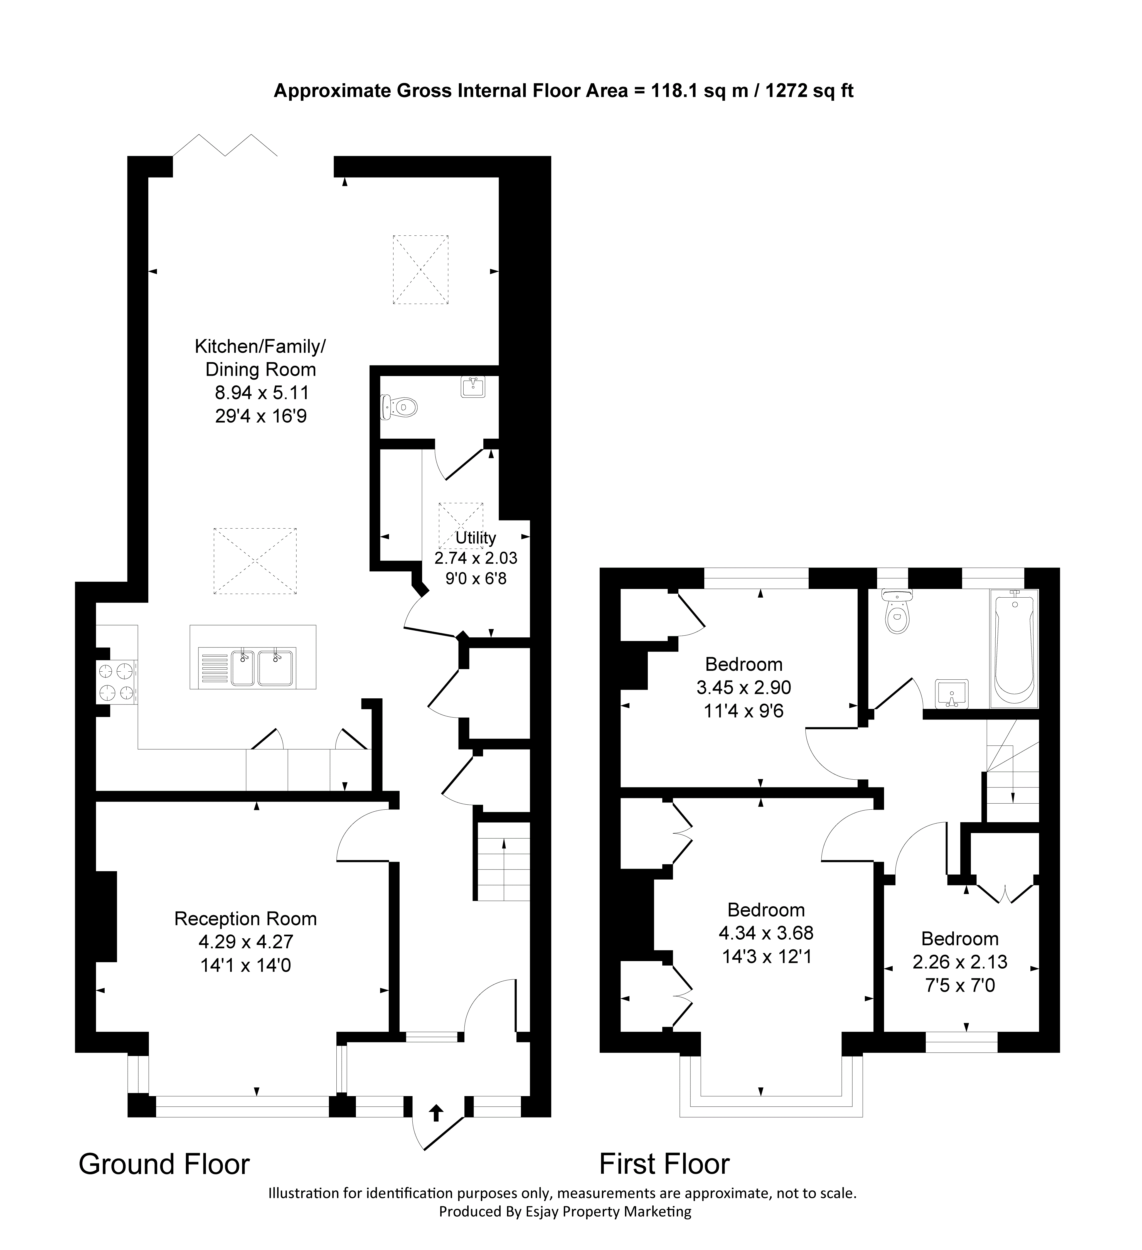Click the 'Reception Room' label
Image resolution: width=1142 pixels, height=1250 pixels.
245,919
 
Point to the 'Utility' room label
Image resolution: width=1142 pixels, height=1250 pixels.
476,537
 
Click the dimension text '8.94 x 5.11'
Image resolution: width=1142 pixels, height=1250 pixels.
262,392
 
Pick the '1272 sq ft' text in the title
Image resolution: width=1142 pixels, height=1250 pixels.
810,91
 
